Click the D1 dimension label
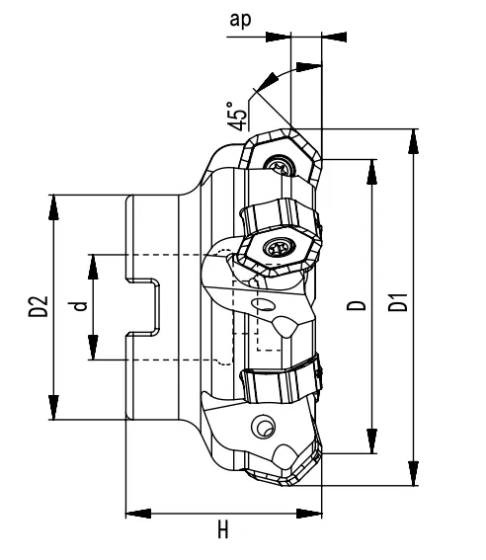(x=397, y=306)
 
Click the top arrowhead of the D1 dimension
(x=412, y=138)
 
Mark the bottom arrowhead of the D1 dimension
(x=412, y=476)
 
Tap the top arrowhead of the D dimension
(x=371, y=169)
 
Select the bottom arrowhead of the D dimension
(x=371, y=444)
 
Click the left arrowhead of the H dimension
(x=136, y=514)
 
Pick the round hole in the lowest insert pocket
(x=263, y=426)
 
